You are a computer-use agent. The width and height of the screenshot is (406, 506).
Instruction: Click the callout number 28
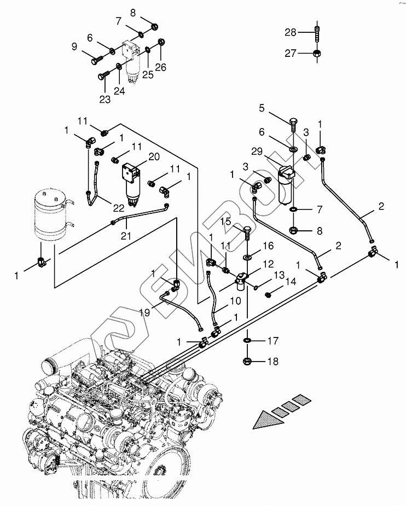point(290,33)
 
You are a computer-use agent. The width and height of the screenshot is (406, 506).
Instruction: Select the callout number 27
point(290,54)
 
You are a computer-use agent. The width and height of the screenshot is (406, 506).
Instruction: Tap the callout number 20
point(154,156)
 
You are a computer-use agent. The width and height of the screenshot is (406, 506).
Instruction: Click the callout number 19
point(144,313)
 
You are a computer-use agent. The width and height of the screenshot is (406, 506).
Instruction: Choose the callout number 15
point(227,222)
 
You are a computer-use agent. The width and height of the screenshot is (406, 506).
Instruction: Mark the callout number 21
point(127,235)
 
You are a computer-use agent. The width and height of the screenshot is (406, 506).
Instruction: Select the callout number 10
point(235,300)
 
